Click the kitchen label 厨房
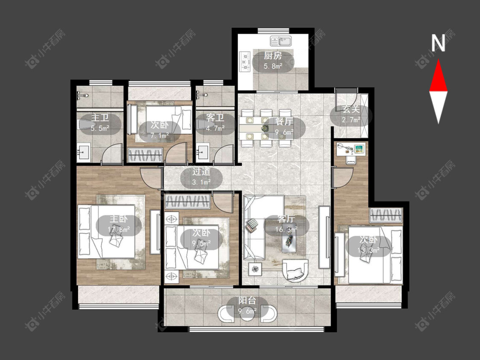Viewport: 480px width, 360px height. pyautogui.click(x=273, y=56)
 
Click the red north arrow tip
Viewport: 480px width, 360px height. pyautogui.click(x=438, y=60)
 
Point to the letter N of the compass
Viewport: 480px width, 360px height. pyautogui.click(x=438, y=43)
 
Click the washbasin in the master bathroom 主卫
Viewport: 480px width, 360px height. pyautogui.click(x=83, y=152)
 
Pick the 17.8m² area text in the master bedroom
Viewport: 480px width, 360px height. pyautogui.click(x=119, y=229)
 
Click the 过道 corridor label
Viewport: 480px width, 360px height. pyautogui.click(x=201, y=172)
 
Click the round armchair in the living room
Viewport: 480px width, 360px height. pyautogui.click(x=295, y=270)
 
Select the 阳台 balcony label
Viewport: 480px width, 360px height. pyautogui.click(x=247, y=301)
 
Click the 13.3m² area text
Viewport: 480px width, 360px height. pyautogui.click(x=369, y=250)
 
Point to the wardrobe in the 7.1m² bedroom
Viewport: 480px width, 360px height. pyautogui.click(x=145, y=155)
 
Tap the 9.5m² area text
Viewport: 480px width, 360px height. pyautogui.click(x=201, y=243)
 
